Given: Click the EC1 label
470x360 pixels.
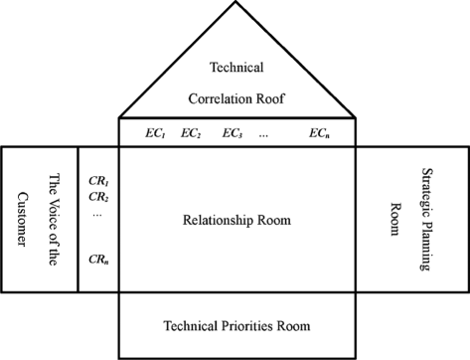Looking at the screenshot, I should click(x=157, y=133).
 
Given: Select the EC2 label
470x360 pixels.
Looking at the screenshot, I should click(x=191, y=133).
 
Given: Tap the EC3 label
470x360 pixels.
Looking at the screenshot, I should click(x=233, y=133).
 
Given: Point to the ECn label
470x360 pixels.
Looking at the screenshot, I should click(x=319, y=133).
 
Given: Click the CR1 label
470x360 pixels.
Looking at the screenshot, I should click(x=98, y=181).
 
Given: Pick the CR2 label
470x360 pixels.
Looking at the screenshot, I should click(x=98, y=196).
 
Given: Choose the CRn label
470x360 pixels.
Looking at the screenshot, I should click(x=98, y=260).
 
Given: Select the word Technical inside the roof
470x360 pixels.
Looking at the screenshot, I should click(x=236, y=67).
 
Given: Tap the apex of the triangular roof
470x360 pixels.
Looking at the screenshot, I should click(x=235, y=3).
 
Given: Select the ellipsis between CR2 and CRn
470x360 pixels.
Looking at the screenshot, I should click(x=95, y=214).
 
